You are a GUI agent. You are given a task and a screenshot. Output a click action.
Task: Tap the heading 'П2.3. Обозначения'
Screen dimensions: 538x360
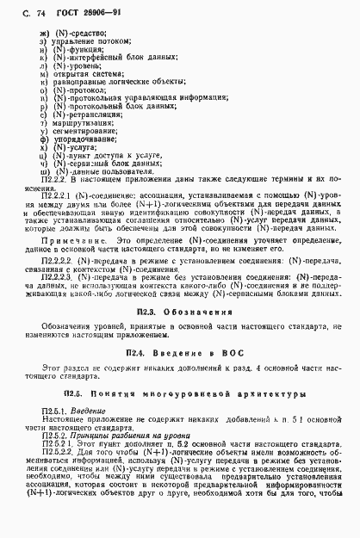click(180, 285)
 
